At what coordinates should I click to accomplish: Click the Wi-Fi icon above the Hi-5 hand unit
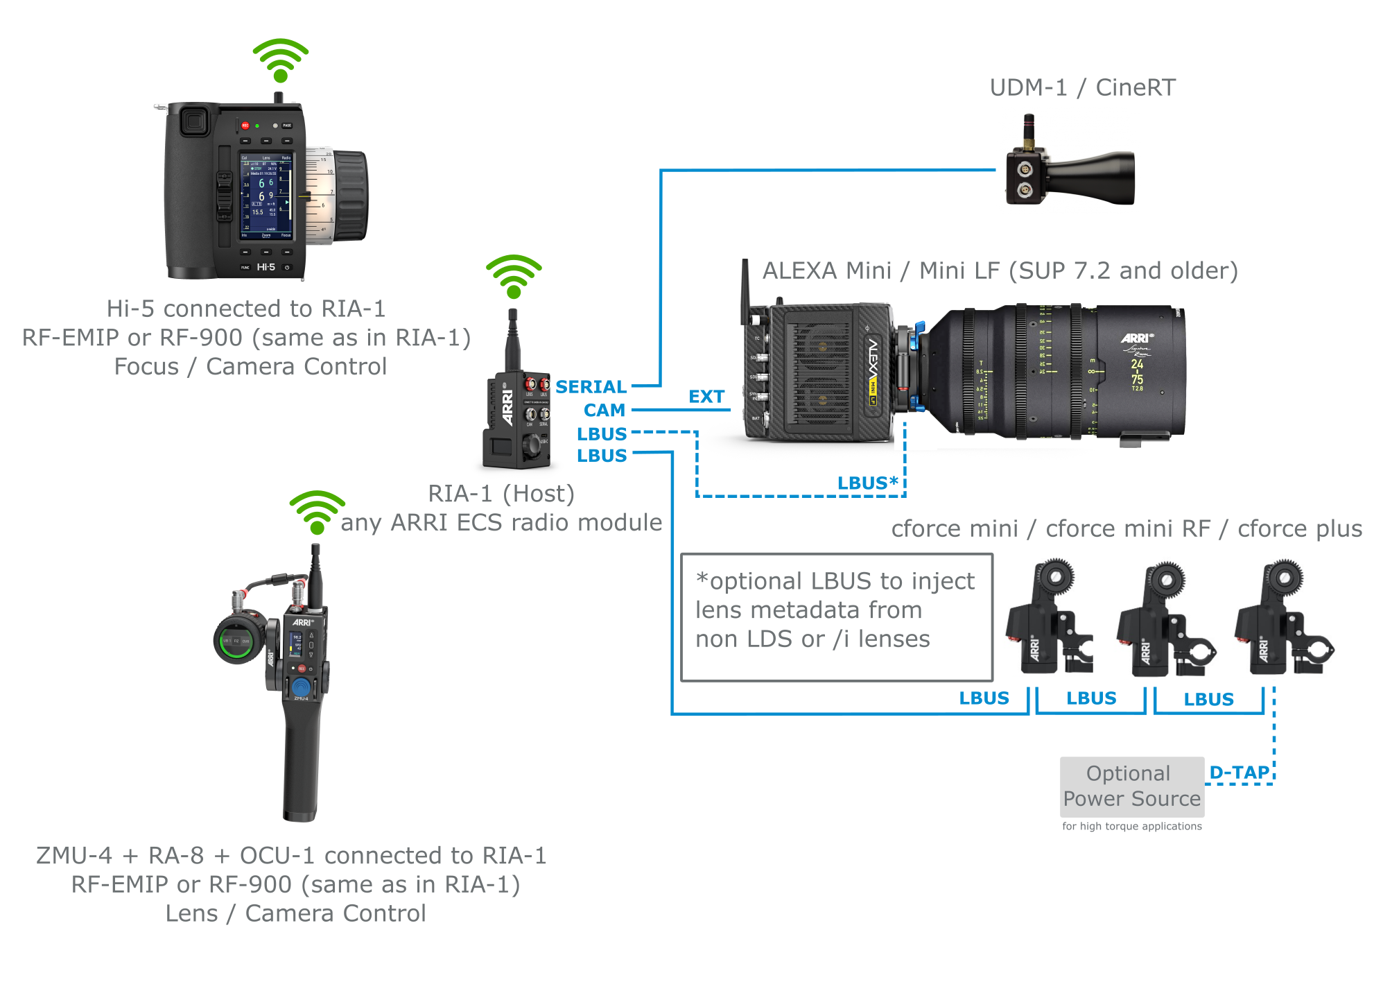280,60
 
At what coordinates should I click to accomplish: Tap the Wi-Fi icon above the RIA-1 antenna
514,277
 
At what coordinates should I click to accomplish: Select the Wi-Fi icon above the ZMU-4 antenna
317,512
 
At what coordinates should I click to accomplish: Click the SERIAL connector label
591,387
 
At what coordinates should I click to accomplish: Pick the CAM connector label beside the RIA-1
604,411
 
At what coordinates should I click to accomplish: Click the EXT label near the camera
706,397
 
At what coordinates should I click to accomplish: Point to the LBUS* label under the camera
867,483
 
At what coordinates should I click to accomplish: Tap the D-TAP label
1239,773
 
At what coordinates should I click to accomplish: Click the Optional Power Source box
1131,786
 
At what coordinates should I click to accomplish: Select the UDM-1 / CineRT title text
1082,88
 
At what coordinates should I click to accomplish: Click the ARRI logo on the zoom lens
1137,338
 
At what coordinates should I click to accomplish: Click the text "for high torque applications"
1131,826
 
